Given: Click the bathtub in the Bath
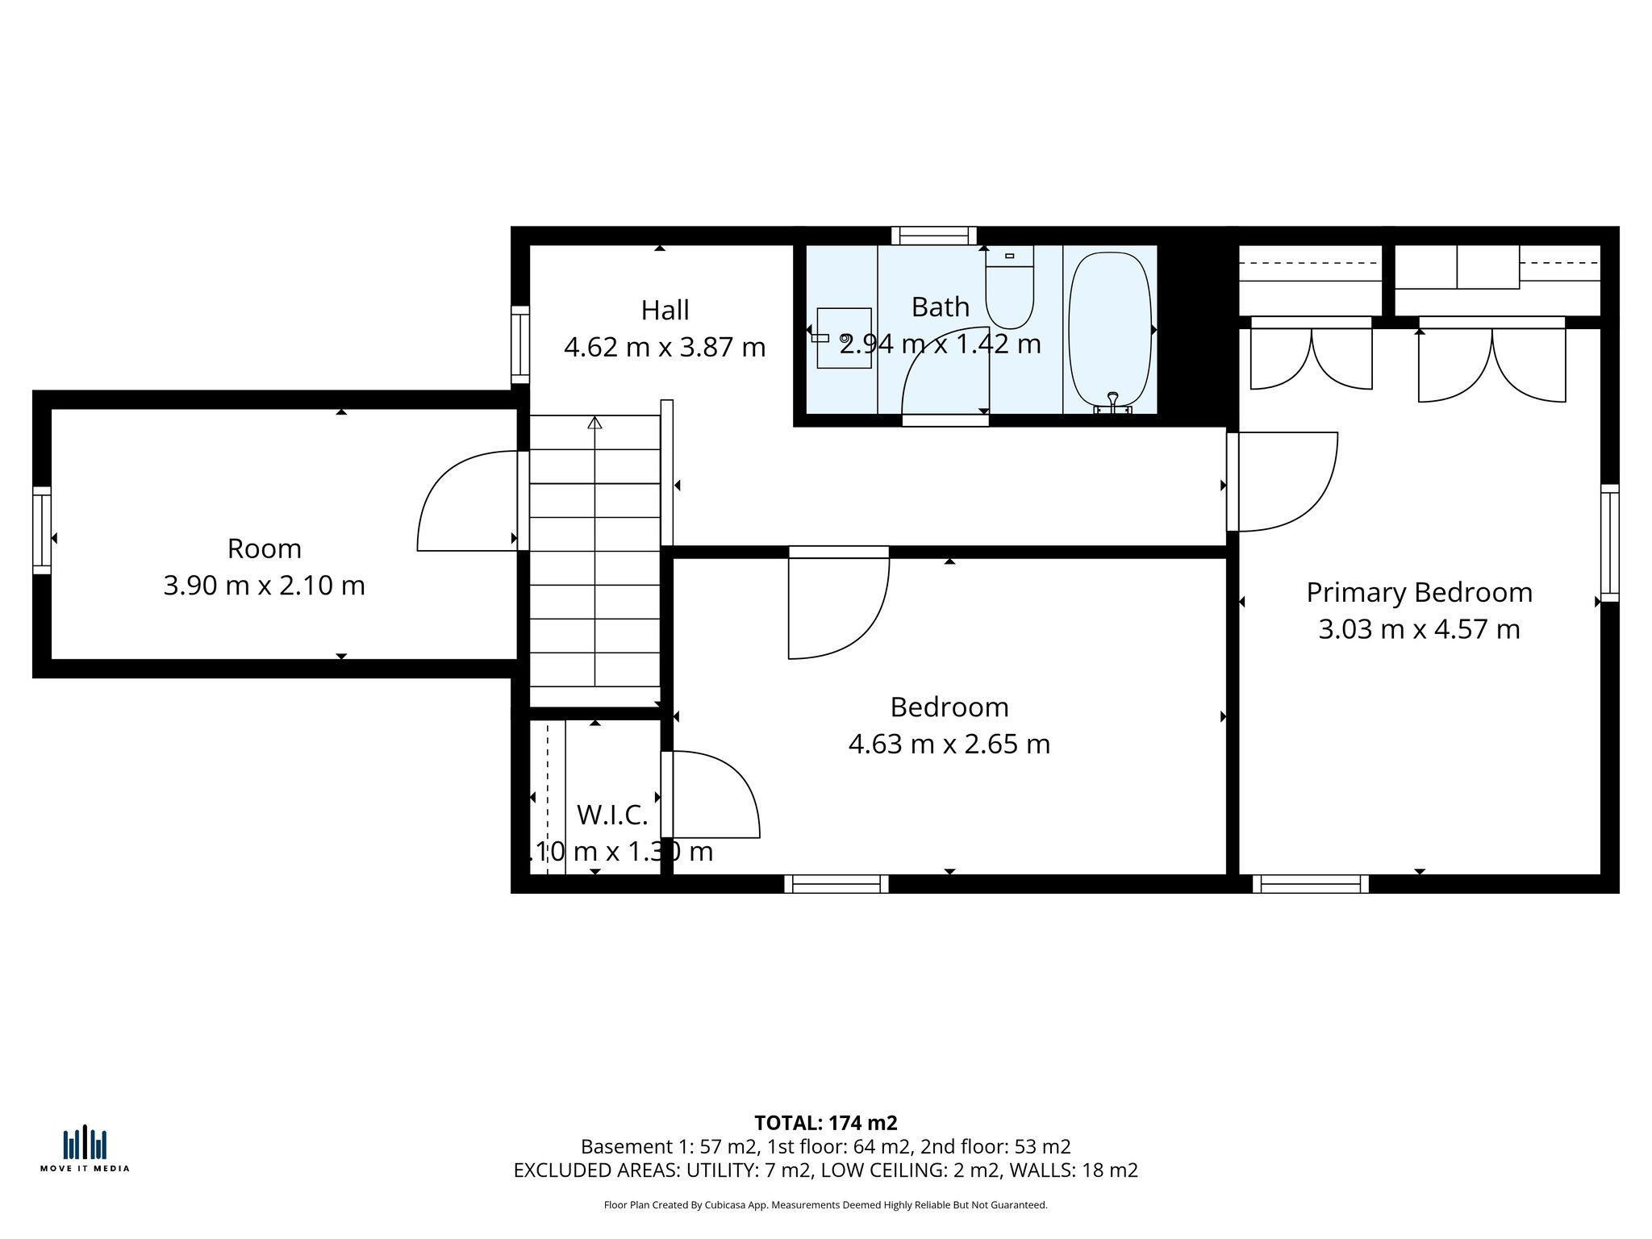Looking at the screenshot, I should (1110, 331).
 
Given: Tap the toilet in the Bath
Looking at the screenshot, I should (1009, 290).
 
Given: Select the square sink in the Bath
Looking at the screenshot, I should (844, 338).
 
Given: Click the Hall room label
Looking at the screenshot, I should (665, 311).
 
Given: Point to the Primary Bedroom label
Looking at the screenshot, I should (1419, 593).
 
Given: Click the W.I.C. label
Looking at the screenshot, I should (612, 816).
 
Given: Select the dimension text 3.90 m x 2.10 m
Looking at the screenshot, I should (264, 586).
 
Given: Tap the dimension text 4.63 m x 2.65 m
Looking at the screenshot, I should (949, 744).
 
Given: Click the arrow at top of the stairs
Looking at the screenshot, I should (594, 422).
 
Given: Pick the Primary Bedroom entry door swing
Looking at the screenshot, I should (1287, 482).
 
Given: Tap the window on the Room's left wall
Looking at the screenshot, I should (42, 530).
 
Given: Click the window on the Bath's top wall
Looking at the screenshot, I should (933, 236).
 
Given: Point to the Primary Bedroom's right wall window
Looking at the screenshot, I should (1609, 543).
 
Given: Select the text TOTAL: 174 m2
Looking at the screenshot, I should (825, 1123).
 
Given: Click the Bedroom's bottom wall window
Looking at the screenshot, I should (836, 884).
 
